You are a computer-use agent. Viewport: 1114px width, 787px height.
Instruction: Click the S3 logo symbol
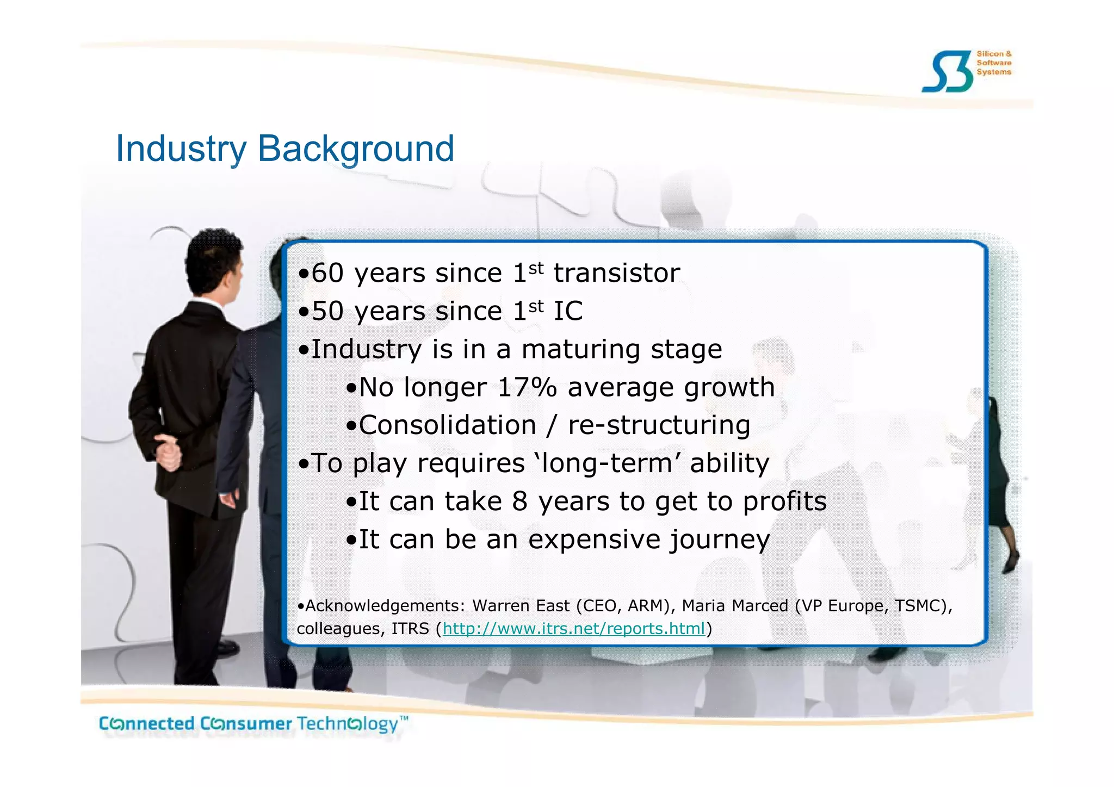[x=947, y=72]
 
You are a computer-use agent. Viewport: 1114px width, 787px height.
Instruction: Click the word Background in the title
[x=356, y=148]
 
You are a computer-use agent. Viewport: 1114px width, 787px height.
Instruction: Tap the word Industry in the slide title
[x=181, y=148]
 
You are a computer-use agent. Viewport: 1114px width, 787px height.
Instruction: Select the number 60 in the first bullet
[x=327, y=273]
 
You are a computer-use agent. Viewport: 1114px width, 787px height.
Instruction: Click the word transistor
[x=616, y=273]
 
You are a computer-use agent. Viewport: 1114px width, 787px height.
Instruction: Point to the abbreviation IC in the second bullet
[x=568, y=311]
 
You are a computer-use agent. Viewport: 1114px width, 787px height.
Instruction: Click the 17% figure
[x=527, y=387]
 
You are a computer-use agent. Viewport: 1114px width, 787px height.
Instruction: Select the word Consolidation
[x=448, y=425]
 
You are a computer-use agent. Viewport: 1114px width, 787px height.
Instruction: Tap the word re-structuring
[x=659, y=425]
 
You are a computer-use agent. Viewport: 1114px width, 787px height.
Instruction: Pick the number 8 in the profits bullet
[x=519, y=501]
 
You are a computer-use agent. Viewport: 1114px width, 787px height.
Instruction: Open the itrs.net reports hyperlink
[x=573, y=629]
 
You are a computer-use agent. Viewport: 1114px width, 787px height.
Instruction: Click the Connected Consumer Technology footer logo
[x=253, y=724]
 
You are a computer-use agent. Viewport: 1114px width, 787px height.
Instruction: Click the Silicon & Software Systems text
[x=994, y=63]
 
